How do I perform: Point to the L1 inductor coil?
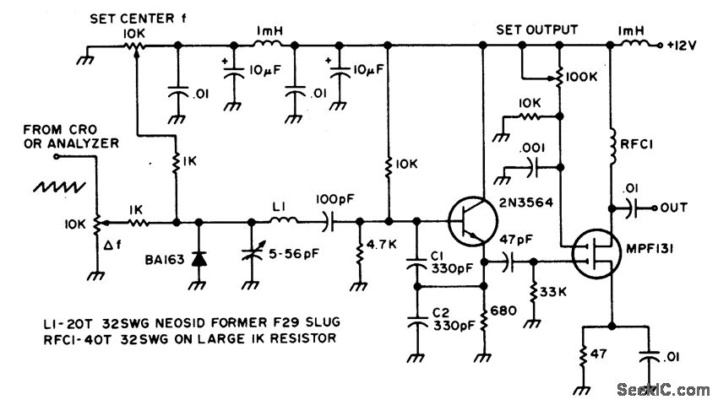pyautogui.click(x=284, y=223)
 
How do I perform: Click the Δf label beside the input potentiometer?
pyautogui.click(x=110, y=246)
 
